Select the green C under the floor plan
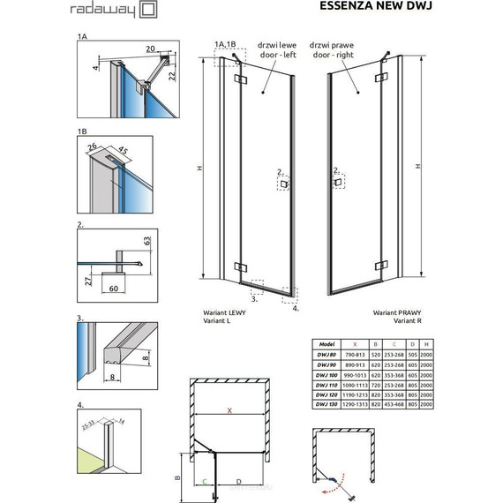point(205,481)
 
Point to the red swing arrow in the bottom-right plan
point(334,481)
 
